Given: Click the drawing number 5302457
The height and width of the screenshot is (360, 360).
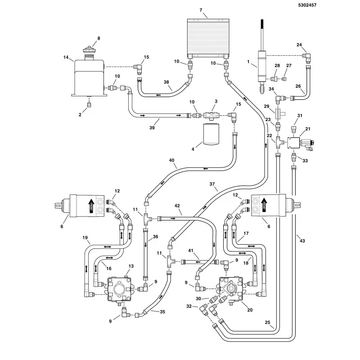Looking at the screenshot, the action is pos(307,5).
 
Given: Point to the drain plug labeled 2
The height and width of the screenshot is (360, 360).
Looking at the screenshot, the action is pos(89,105).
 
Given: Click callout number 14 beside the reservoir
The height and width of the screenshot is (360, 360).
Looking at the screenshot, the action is pos(66,57).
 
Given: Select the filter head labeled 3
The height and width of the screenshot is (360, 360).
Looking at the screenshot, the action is pos(211,115).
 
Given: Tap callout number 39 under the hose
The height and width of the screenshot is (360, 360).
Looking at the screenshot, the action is pos(152,128).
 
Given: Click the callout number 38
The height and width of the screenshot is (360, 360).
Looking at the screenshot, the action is pos(166,82).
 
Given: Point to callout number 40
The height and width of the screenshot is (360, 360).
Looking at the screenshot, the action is pos(171,160).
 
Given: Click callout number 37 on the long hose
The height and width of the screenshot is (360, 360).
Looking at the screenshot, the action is pos(212,184).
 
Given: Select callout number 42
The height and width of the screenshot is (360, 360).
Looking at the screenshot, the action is pos(177,206).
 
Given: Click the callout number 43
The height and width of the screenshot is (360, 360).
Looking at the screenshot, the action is pos(302,241).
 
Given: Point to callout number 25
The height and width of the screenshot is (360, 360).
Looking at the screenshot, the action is pos(267,322).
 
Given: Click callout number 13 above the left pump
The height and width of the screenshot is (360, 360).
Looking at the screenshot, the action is pos(131,266).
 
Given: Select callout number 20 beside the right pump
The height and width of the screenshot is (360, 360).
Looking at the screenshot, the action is pos(250,310).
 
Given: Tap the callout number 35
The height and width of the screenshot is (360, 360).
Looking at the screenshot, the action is pos(162,311).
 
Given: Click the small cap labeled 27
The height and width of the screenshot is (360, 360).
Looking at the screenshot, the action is pos(284,79).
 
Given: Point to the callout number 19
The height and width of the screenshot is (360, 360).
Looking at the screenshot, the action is pos(85,238).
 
